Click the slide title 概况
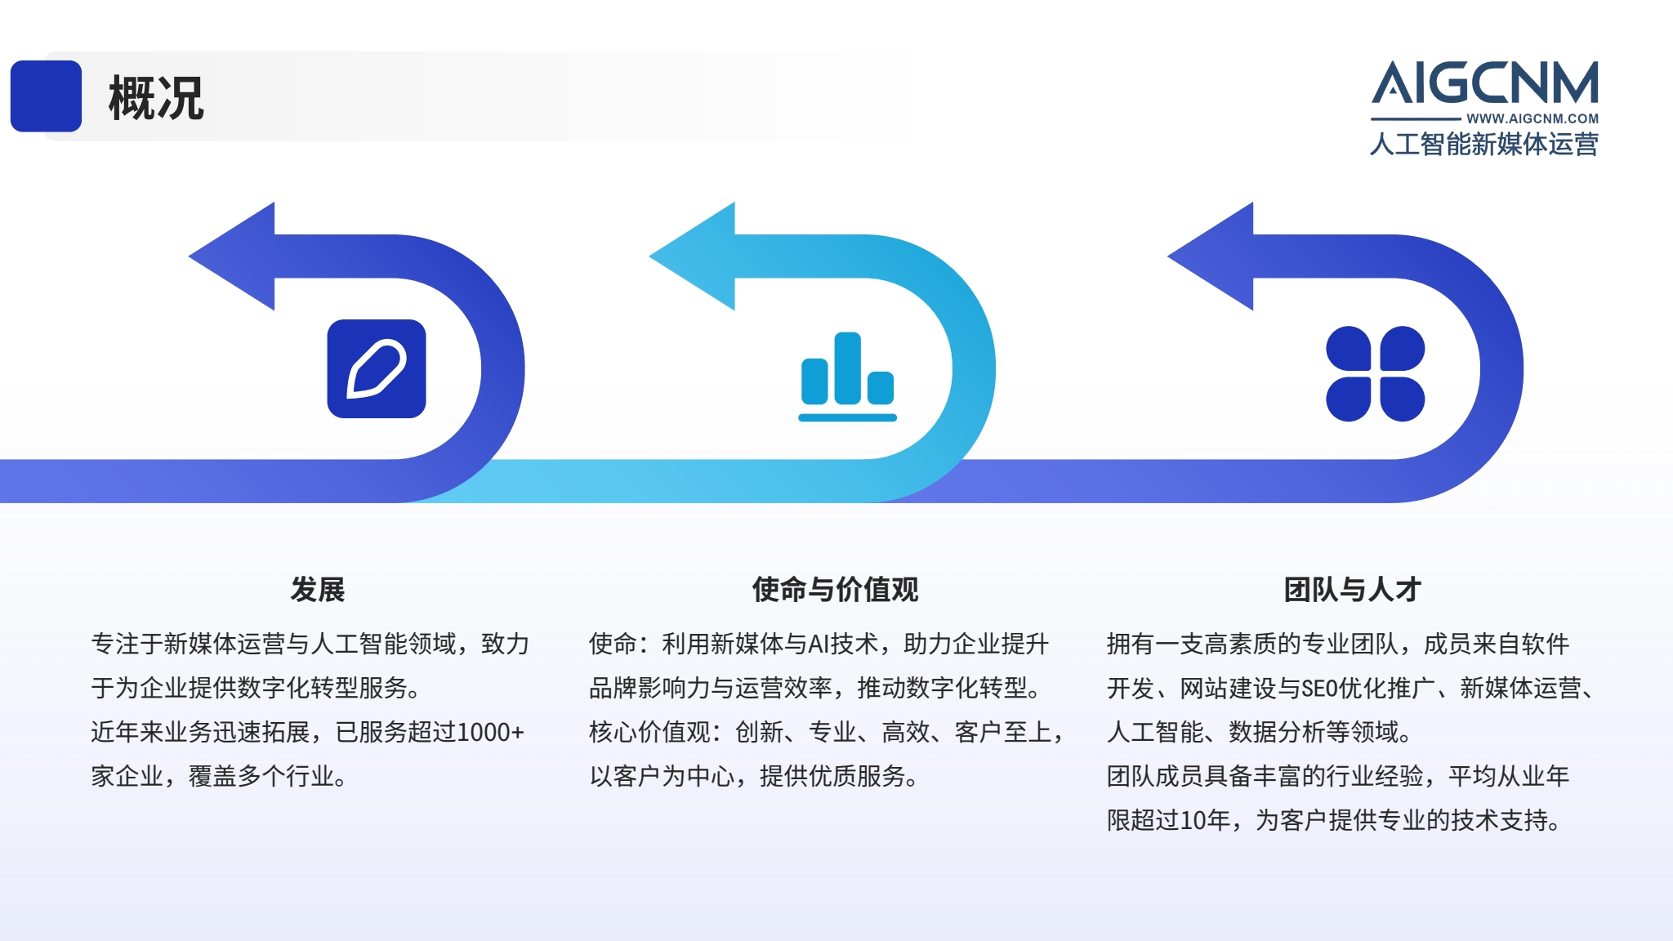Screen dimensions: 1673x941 [x=156, y=98]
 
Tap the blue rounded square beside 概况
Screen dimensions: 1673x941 [x=46, y=96]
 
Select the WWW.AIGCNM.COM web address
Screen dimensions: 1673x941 [x=1532, y=118]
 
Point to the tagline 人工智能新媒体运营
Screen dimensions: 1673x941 [x=1484, y=145]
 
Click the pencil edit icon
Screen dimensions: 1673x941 [x=377, y=368]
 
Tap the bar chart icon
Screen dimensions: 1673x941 [x=847, y=377]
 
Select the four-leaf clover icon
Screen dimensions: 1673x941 [x=1375, y=373]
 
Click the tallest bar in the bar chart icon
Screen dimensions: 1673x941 [x=847, y=368]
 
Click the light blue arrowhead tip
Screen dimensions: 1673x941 [x=650, y=256]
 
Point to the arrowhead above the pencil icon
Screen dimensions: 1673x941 [x=232, y=256]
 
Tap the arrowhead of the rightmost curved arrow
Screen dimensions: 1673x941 [x=1211, y=256]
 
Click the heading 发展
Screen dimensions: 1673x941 [x=318, y=589]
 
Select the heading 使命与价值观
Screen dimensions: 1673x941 [x=835, y=589]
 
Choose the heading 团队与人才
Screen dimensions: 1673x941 [x=1353, y=589]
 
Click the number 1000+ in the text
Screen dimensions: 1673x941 [x=490, y=732]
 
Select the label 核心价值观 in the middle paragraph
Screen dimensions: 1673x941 [x=649, y=732]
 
